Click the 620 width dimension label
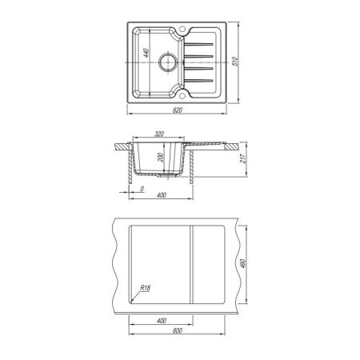pyautogui.click(x=178, y=110)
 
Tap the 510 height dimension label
pyautogui.click(x=235, y=62)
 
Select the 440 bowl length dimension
pyautogui.click(x=146, y=53)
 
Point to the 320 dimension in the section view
pyautogui.click(x=159, y=134)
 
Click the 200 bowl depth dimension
pyautogui.click(x=160, y=158)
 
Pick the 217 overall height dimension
pyautogui.click(x=243, y=158)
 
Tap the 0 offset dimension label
pyautogui.click(x=142, y=189)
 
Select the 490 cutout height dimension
pyautogui.click(x=243, y=263)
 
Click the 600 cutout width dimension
pyautogui.click(x=178, y=330)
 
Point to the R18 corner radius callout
pyautogui.click(x=146, y=288)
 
